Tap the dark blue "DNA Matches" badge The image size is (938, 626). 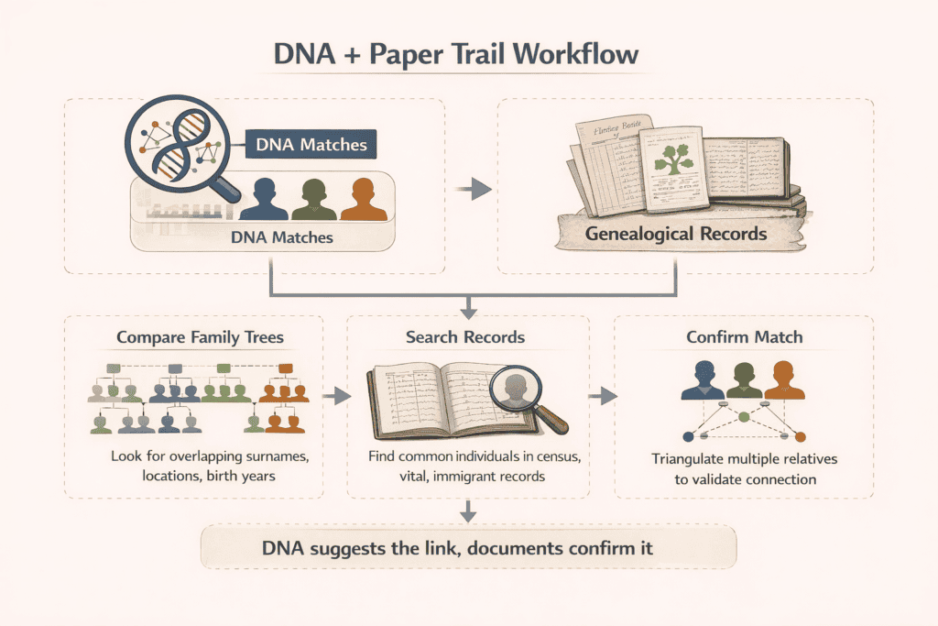[x=311, y=144]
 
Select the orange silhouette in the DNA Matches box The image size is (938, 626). [x=363, y=200]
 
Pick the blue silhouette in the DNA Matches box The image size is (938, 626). [x=263, y=200]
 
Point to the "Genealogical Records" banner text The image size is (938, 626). [x=676, y=233]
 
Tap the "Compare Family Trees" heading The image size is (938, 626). [x=200, y=337]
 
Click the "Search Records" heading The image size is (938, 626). [x=465, y=337]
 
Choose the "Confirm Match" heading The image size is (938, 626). [x=744, y=337]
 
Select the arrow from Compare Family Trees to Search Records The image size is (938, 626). [x=336, y=395]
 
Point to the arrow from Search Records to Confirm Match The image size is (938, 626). [x=601, y=395]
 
